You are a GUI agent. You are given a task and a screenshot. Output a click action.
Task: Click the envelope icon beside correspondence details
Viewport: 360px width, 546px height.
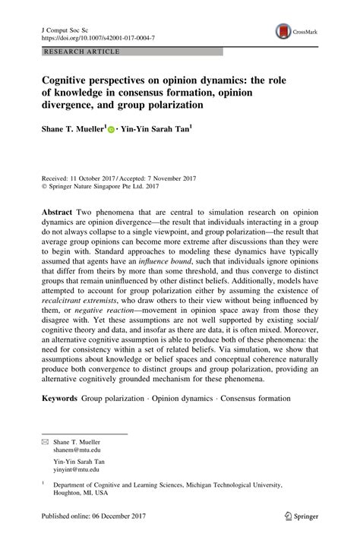coord(34,441)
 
